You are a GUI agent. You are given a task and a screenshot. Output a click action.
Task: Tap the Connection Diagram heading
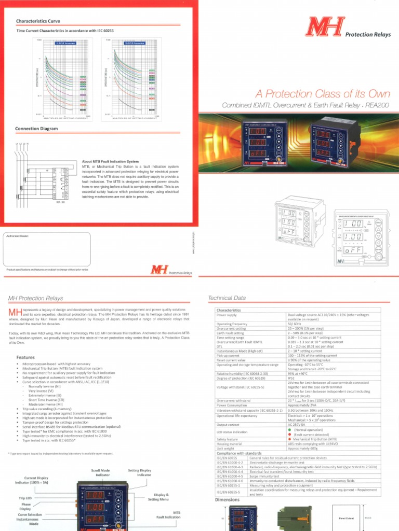pos(36,129)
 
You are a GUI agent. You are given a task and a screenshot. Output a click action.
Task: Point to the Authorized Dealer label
pos(16,235)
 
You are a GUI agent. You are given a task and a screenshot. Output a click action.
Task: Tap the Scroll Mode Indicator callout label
pos(101,472)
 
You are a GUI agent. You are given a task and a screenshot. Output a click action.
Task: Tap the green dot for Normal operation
pos(289,430)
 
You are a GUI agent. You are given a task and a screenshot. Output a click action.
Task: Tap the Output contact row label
pos(228,425)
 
